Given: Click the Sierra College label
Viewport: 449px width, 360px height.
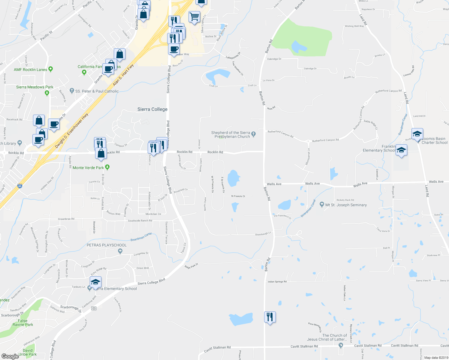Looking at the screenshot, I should (x=152, y=109).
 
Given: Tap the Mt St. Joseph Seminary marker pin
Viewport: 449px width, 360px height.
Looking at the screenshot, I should (x=322, y=205).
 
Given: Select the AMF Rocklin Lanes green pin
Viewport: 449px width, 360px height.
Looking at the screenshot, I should (x=50, y=69).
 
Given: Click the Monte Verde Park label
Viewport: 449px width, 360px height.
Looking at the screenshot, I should (x=88, y=168).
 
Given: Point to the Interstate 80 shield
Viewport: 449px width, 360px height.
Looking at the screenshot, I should (x=20, y=186).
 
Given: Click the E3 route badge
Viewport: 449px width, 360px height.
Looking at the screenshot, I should (x=94, y=308).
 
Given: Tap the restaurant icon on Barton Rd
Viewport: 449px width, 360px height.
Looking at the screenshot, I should (x=270, y=317).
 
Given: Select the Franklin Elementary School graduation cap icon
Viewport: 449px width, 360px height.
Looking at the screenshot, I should (x=401, y=150).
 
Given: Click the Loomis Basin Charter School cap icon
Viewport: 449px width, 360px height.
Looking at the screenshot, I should (x=417, y=134).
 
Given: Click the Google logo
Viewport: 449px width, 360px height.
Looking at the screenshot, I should (x=10, y=356).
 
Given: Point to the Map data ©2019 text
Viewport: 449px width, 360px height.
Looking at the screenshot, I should (x=436, y=358).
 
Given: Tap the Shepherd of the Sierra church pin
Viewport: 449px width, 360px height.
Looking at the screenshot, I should (x=254, y=134).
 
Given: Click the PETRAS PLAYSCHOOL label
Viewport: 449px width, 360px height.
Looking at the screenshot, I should (x=107, y=245).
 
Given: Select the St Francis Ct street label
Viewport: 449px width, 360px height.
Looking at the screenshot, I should (x=238, y=196).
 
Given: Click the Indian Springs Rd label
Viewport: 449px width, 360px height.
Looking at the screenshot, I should (x=277, y=282).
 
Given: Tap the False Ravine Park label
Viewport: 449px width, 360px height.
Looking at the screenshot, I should (x=23, y=322).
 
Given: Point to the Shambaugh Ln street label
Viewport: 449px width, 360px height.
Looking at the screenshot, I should (x=263, y=234).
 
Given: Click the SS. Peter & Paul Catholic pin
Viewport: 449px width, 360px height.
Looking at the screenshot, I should (x=71, y=91).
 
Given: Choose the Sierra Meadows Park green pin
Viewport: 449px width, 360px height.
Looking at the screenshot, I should (x=47, y=93).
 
